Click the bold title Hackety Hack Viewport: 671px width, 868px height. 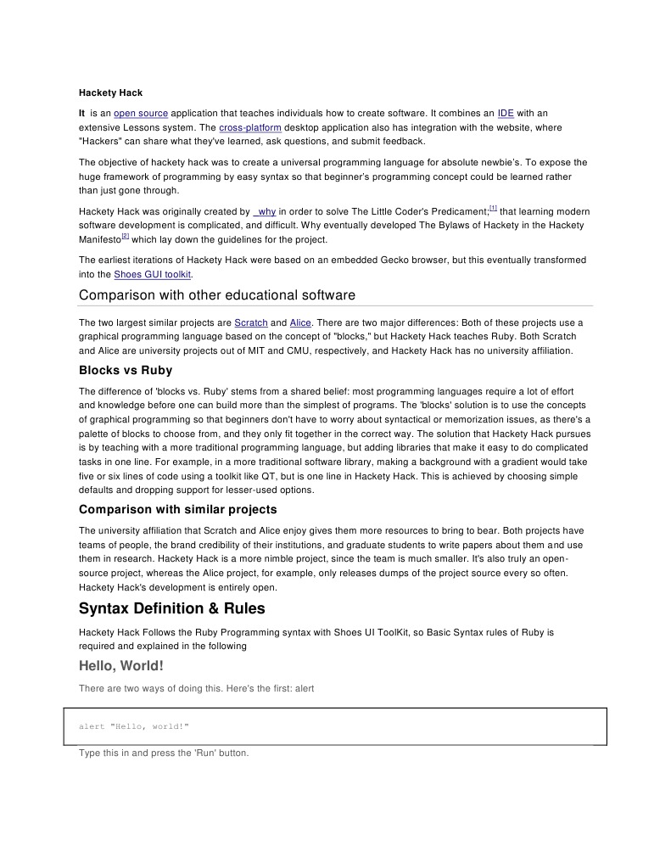tap(112, 92)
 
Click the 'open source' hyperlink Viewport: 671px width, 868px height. tap(141, 113)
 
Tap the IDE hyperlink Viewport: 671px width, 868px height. tap(506, 113)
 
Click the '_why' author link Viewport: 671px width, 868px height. tap(265, 211)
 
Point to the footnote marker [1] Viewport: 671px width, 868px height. tap(493, 208)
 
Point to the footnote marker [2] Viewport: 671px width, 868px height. tap(125, 237)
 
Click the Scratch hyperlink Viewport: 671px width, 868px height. tap(250, 323)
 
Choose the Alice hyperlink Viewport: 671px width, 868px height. tap(300, 323)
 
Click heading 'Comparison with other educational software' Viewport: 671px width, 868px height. tap(216, 295)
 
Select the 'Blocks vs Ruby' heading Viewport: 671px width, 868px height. tap(126, 371)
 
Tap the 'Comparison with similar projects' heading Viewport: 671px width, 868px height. tap(177, 510)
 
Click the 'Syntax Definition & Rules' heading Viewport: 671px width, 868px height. tap(171, 608)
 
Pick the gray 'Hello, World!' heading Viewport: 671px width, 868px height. tap(120, 666)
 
